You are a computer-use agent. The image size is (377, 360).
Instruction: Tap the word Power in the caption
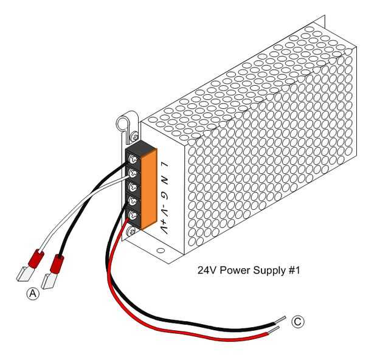tap(233, 269)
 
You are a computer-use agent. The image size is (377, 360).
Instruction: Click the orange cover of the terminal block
tap(150, 189)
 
